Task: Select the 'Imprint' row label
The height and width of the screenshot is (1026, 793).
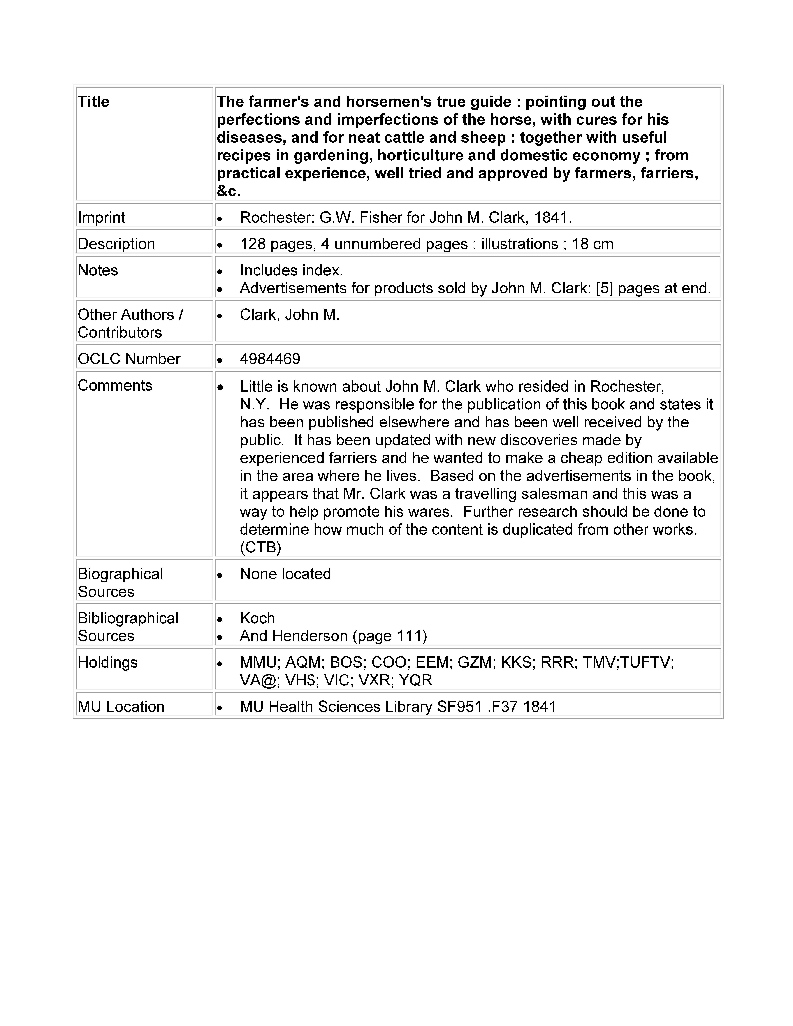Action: [102, 217]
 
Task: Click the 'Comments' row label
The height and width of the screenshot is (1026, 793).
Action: [115, 385]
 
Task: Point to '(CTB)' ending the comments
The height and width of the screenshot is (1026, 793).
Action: [260, 547]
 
